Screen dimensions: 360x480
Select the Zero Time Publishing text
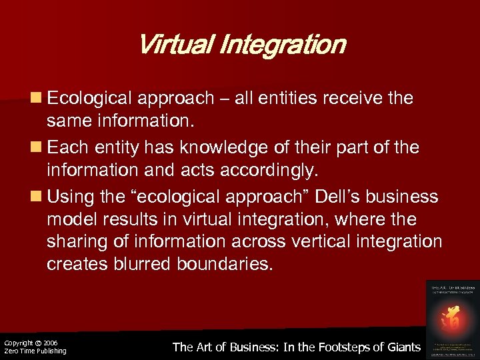coord(35,351)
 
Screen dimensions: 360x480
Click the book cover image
coord(451,317)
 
